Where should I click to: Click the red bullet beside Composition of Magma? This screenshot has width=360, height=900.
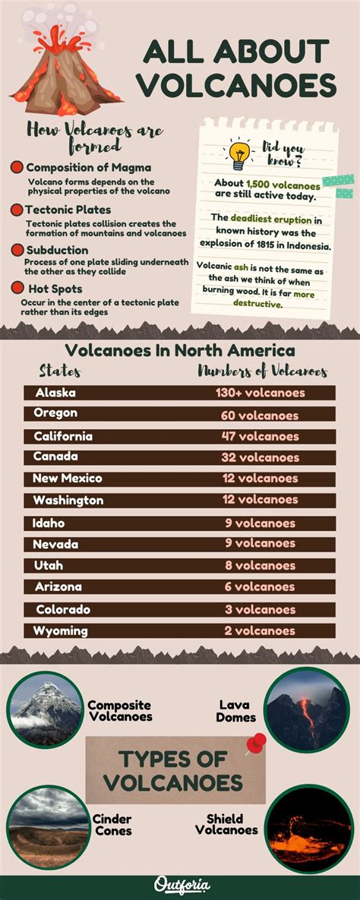point(17,167)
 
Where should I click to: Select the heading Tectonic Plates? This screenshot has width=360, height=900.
point(68,210)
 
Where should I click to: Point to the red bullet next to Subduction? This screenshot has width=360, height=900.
point(17,250)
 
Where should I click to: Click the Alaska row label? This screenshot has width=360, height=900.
point(54,393)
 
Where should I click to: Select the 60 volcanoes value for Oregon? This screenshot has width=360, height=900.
point(260,415)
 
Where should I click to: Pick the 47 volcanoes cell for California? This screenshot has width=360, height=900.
point(260,436)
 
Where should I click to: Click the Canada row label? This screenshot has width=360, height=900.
point(55,457)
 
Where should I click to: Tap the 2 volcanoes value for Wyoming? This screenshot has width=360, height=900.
point(260,630)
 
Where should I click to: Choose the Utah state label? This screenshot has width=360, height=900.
point(49,566)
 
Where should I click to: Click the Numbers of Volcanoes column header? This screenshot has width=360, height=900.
point(263,371)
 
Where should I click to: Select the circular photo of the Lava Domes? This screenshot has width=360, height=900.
point(307,709)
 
